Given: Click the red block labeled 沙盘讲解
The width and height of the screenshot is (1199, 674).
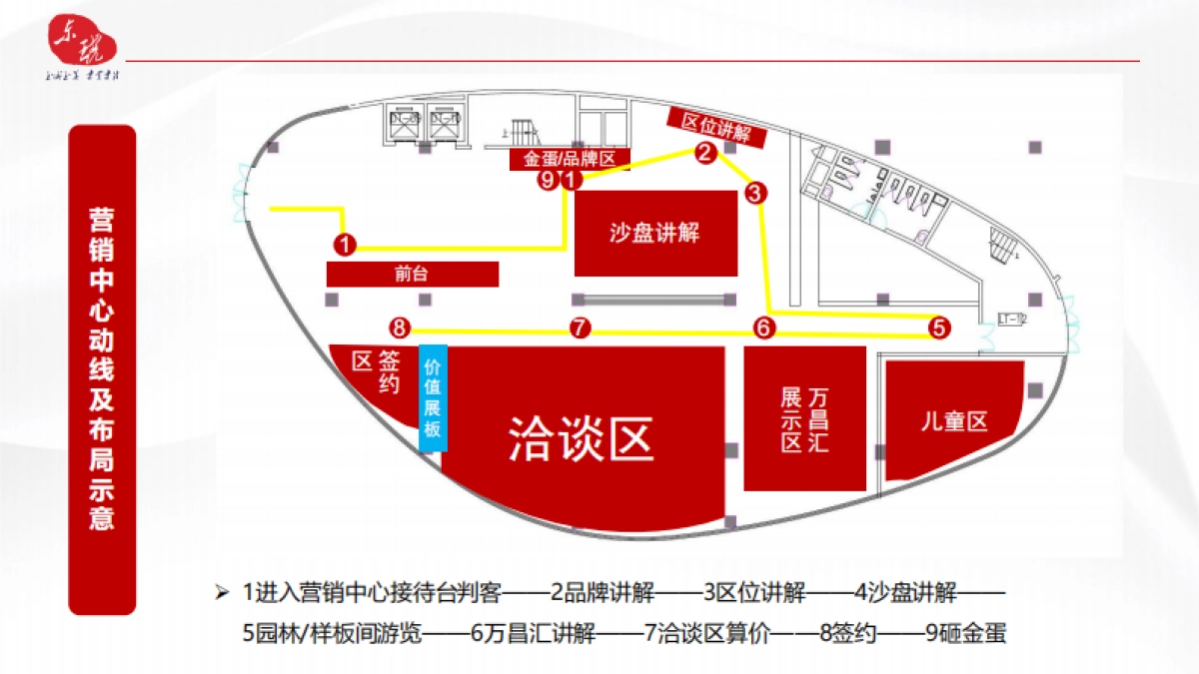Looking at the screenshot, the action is click(655, 234).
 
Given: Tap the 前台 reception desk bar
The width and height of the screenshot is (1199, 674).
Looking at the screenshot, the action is click(412, 274).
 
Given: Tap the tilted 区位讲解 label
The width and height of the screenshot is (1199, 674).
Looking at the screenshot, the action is click(715, 128).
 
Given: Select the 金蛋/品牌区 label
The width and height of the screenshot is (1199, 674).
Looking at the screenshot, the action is click(561, 159).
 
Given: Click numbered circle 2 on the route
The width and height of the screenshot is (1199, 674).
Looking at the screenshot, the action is click(704, 153).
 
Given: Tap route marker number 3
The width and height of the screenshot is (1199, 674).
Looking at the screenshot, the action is click(754, 193).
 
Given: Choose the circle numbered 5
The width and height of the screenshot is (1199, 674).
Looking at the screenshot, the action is click(937, 327).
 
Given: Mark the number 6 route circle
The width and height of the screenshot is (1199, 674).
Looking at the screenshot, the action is click(764, 328).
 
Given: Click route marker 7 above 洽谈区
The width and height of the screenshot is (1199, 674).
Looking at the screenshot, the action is click(581, 328).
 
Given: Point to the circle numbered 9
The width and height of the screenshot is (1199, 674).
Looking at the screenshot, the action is click(547, 180).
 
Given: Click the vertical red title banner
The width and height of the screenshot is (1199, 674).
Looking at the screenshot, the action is click(101, 368).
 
